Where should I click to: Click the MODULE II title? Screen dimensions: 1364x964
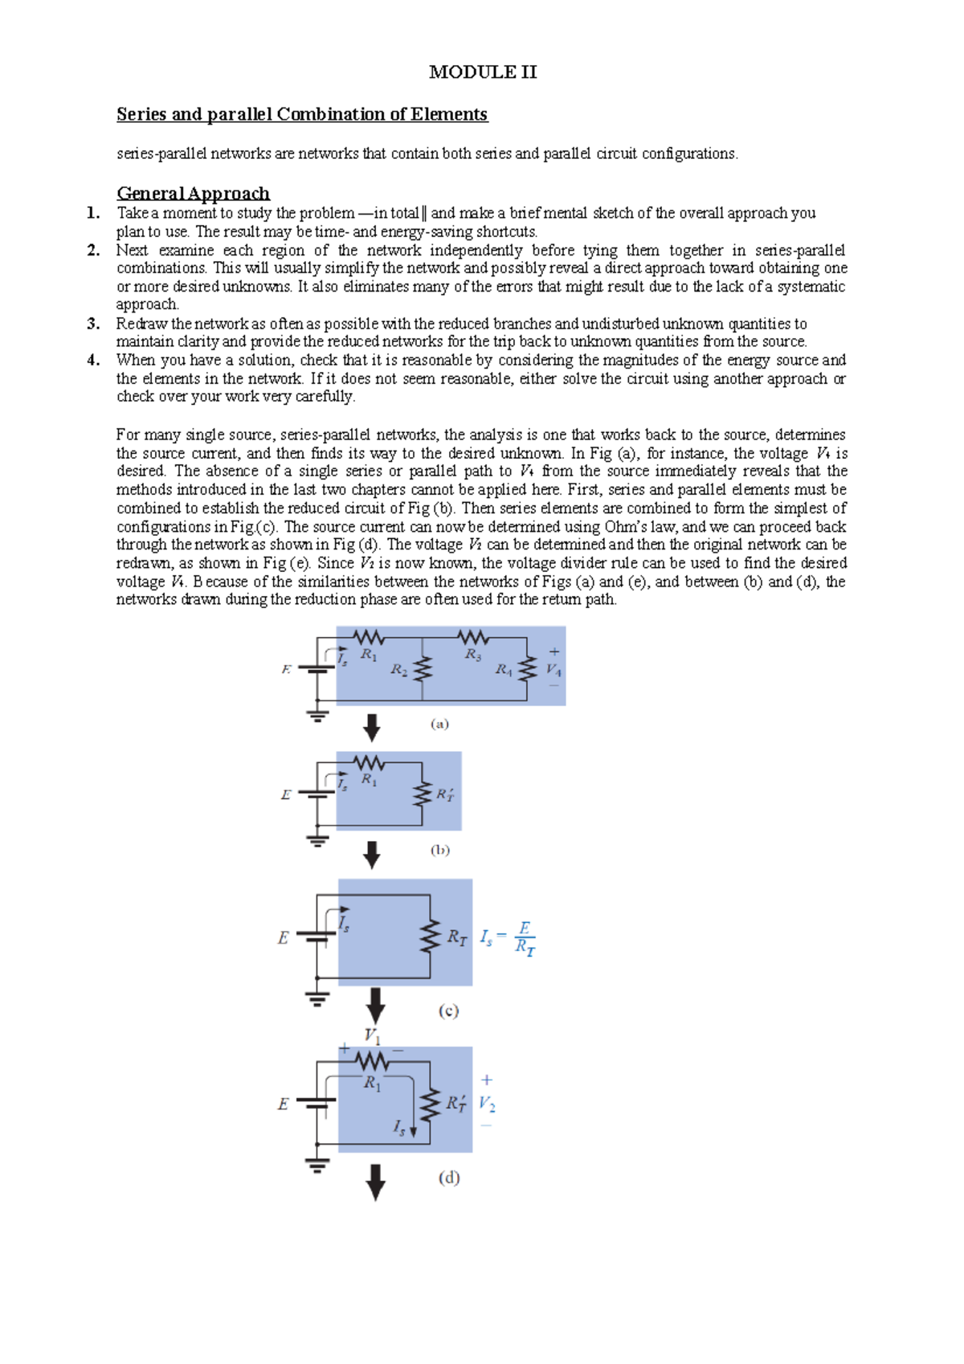483,72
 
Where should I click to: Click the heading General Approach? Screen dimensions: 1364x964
193,194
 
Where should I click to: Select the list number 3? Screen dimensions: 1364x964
93,324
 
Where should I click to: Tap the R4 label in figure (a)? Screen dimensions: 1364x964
504,669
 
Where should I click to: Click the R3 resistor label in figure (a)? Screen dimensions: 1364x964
473,655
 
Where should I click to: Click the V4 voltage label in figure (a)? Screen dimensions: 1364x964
553,669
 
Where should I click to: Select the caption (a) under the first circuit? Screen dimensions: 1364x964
439,724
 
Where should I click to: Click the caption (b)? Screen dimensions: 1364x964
439,850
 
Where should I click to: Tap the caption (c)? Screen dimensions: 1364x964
448,1011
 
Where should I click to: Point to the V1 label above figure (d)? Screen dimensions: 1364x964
373,1035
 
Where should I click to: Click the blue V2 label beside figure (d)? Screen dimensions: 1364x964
487,1104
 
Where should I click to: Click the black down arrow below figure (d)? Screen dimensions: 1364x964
375,1182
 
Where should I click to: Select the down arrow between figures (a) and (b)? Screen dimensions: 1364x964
371,728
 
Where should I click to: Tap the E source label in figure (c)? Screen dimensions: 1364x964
283,938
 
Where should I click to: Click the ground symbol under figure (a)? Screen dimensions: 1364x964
318,715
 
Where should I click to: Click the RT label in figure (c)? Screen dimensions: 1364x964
457,937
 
